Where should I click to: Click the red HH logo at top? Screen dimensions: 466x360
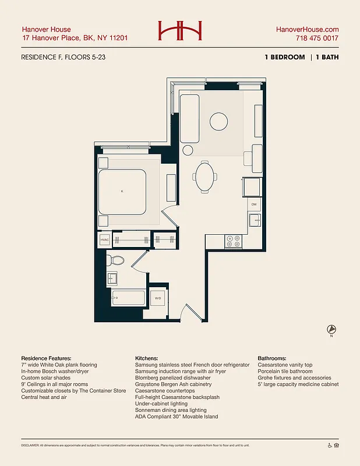click(x=179, y=31)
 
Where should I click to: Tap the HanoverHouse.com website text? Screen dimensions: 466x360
click(x=306, y=29)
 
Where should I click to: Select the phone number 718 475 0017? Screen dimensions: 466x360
click(x=317, y=38)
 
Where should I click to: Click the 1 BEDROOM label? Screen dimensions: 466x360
click(x=284, y=57)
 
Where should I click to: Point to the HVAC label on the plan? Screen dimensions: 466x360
click(x=105, y=240)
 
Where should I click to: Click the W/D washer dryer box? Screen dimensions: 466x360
click(x=158, y=299)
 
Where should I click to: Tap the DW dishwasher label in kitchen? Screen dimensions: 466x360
click(x=254, y=205)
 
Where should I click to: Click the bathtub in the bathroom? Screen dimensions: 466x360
click(x=126, y=298)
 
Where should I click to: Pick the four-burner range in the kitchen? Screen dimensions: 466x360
click(x=234, y=241)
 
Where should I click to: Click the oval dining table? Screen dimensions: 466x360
click(x=205, y=176)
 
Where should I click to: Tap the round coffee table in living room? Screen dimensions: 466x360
click(x=219, y=121)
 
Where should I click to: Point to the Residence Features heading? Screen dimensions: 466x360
click(x=47, y=358)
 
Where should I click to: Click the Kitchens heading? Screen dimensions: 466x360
click(x=149, y=358)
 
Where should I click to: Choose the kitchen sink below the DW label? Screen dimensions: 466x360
click(x=254, y=220)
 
